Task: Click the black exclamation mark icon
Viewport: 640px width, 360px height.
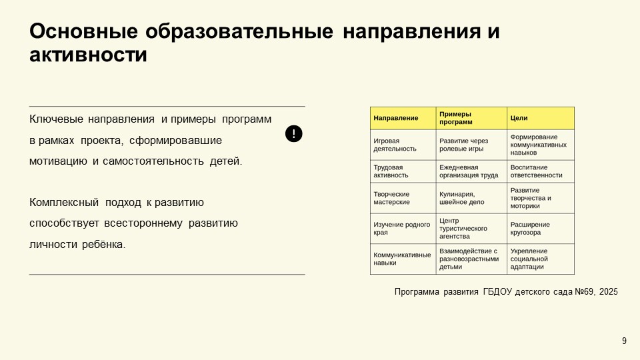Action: click(294, 133)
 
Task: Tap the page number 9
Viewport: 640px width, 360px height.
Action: click(624, 341)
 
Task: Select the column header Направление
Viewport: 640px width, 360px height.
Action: click(396, 118)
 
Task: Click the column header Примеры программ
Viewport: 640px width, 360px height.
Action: click(455, 118)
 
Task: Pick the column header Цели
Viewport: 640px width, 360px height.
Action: click(519, 118)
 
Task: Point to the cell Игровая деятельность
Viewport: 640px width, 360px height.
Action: click(395, 145)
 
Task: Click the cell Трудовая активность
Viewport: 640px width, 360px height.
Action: click(391, 171)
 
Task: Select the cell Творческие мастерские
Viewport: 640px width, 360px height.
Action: click(392, 197)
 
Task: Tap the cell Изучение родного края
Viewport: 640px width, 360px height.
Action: click(401, 228)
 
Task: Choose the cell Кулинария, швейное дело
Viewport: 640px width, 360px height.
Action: click(462, 197)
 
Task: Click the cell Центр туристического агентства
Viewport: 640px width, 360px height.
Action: click(463, 228)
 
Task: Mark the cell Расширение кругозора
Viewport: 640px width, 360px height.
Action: click(531, 228)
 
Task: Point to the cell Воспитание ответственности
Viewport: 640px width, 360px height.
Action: click(537, 171)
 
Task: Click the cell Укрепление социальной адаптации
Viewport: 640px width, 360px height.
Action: click(529, 259)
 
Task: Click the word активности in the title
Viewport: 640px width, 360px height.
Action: click(88, 55)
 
